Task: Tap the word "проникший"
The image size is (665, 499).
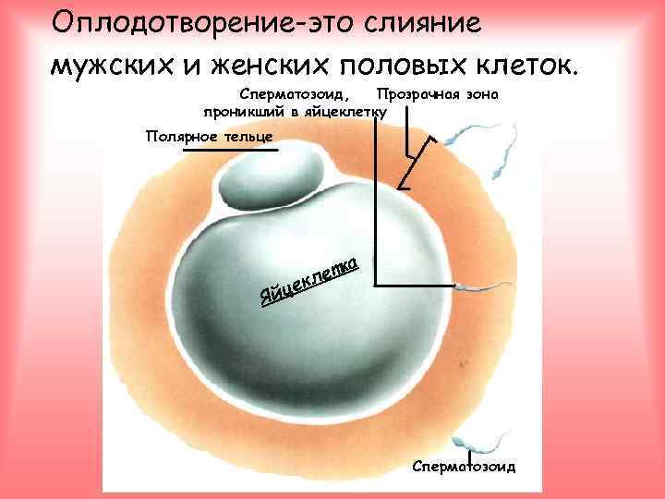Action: pos(243,112)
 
